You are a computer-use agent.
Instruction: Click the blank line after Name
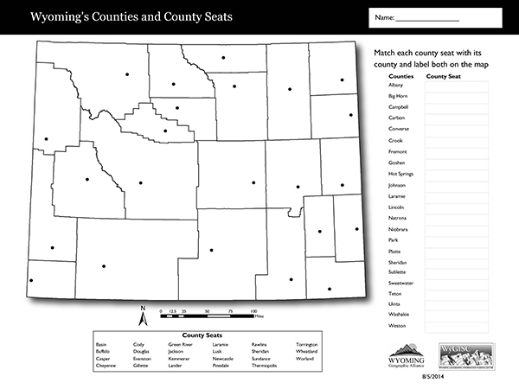(427, 19)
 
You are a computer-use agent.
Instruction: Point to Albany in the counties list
(396, 86)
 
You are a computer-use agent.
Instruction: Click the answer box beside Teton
(457, 295)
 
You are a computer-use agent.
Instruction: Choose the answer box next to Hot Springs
(457, 174)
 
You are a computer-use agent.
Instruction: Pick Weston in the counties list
(398, 326)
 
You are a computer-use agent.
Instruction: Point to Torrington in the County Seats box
(306, 344)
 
